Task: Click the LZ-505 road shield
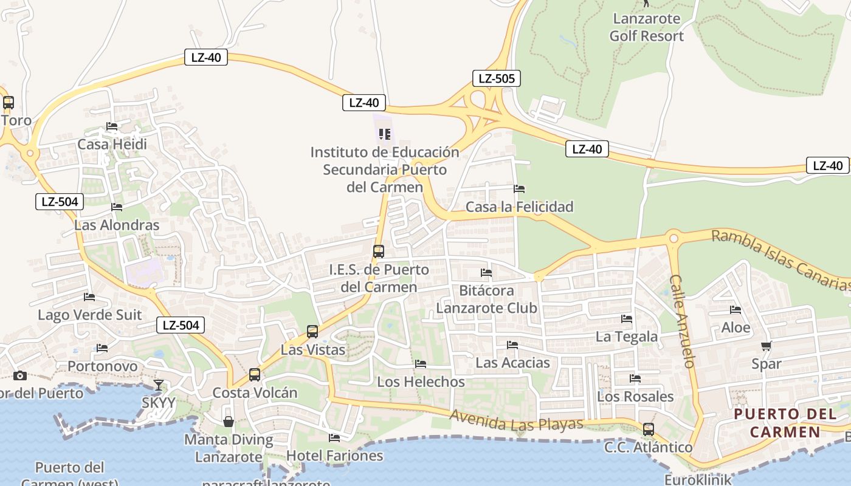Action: [497, 78]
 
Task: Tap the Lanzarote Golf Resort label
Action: [646, 27]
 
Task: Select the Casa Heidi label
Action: [112, 144]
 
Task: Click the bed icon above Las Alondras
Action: [117, 207]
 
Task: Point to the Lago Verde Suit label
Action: [89, 315]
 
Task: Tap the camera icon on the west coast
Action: [20, 375]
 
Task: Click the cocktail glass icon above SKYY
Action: [159, 385]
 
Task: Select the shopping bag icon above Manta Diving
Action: [229, 421]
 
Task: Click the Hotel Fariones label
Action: [334, 455]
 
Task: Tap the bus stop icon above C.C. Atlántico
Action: [649, 429]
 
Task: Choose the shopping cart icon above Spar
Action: [766, 346]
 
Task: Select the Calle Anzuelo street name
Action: [682, 321]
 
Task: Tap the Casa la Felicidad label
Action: [519, 207]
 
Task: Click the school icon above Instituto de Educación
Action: [384, 134]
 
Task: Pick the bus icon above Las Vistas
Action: [312, 332]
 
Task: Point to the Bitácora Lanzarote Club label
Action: [486, 299]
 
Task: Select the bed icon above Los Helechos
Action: [421, 364]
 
